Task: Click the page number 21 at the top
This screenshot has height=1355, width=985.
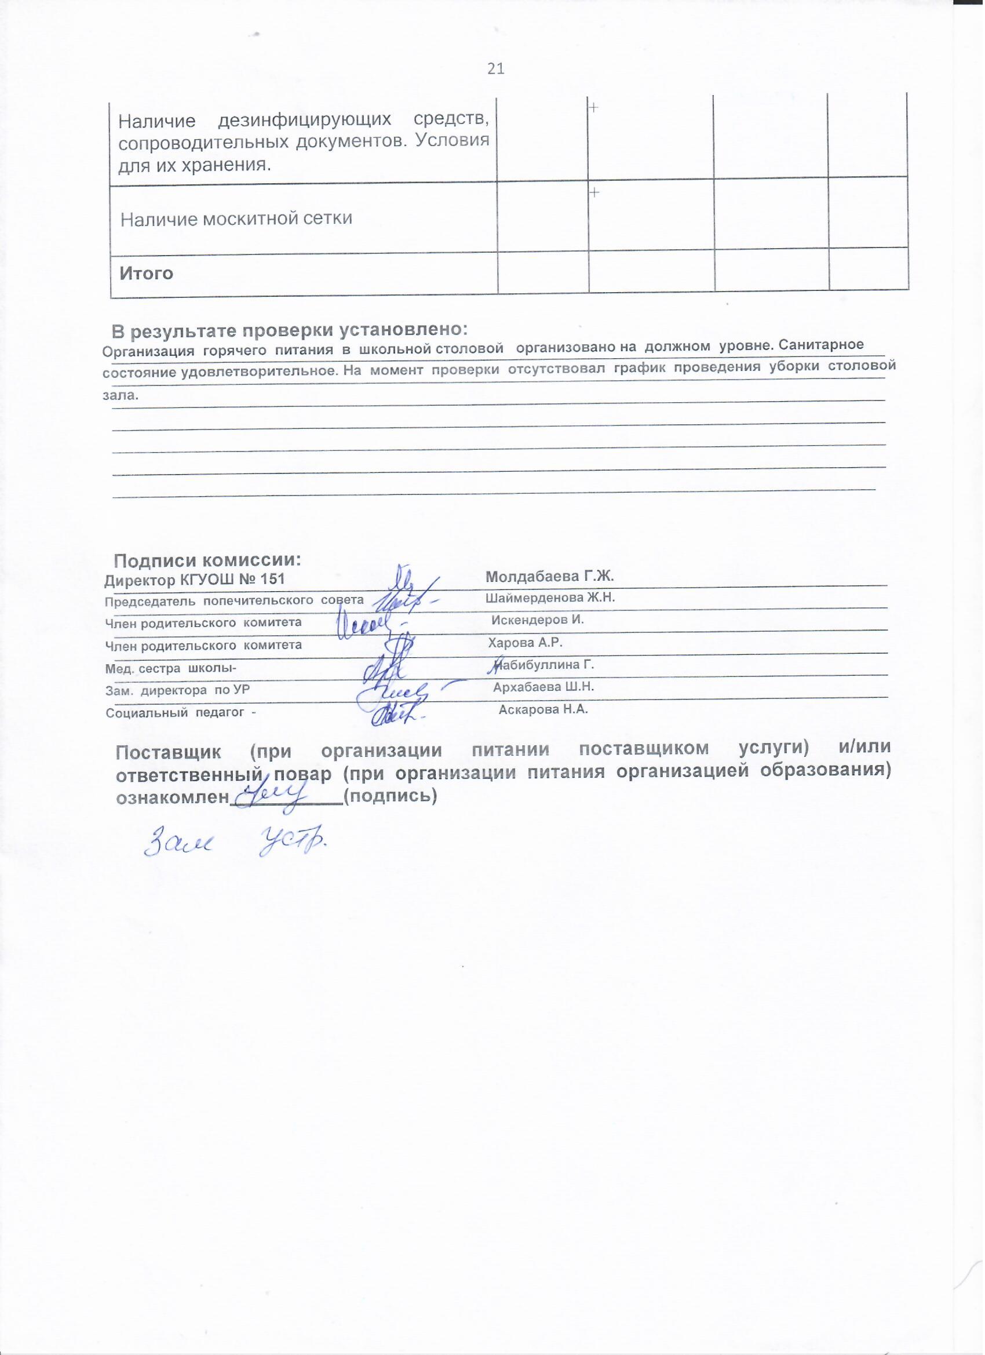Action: click(x=497, y=69)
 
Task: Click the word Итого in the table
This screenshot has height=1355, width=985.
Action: click(x=147, y=274)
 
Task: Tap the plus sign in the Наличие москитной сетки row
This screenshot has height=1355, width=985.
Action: click(x=595, y=192)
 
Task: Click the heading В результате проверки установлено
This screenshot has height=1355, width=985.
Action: click(x=289, y=330)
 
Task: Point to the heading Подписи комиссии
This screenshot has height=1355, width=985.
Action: click(x=207, y=560)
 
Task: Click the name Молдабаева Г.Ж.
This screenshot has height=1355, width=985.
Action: click(x=550, y=577)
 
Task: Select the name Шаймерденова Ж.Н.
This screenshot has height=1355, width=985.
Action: click(x=550, y=598)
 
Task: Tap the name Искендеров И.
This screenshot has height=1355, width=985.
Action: click(x=537, y=620)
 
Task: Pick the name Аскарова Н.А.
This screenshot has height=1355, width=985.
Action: click(x=543, y=710)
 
